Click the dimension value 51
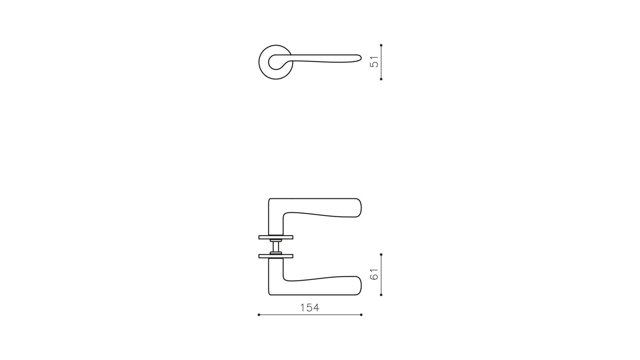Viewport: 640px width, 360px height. tap(374, 62)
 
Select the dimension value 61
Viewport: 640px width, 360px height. tap(374, 274)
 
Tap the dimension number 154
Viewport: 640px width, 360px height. tap(310, 308)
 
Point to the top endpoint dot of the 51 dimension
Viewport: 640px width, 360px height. tap(381, 45)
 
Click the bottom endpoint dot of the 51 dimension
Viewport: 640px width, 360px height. tap(381, 79)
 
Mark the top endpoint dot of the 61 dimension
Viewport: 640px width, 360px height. tap(381, 254)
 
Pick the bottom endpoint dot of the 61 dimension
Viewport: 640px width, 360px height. tap(381, 295)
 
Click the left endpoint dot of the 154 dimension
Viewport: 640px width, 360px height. tap(259, 315)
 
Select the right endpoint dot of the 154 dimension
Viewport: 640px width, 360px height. tap(361, 315)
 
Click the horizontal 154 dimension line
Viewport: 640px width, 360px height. tap(310, 315)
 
